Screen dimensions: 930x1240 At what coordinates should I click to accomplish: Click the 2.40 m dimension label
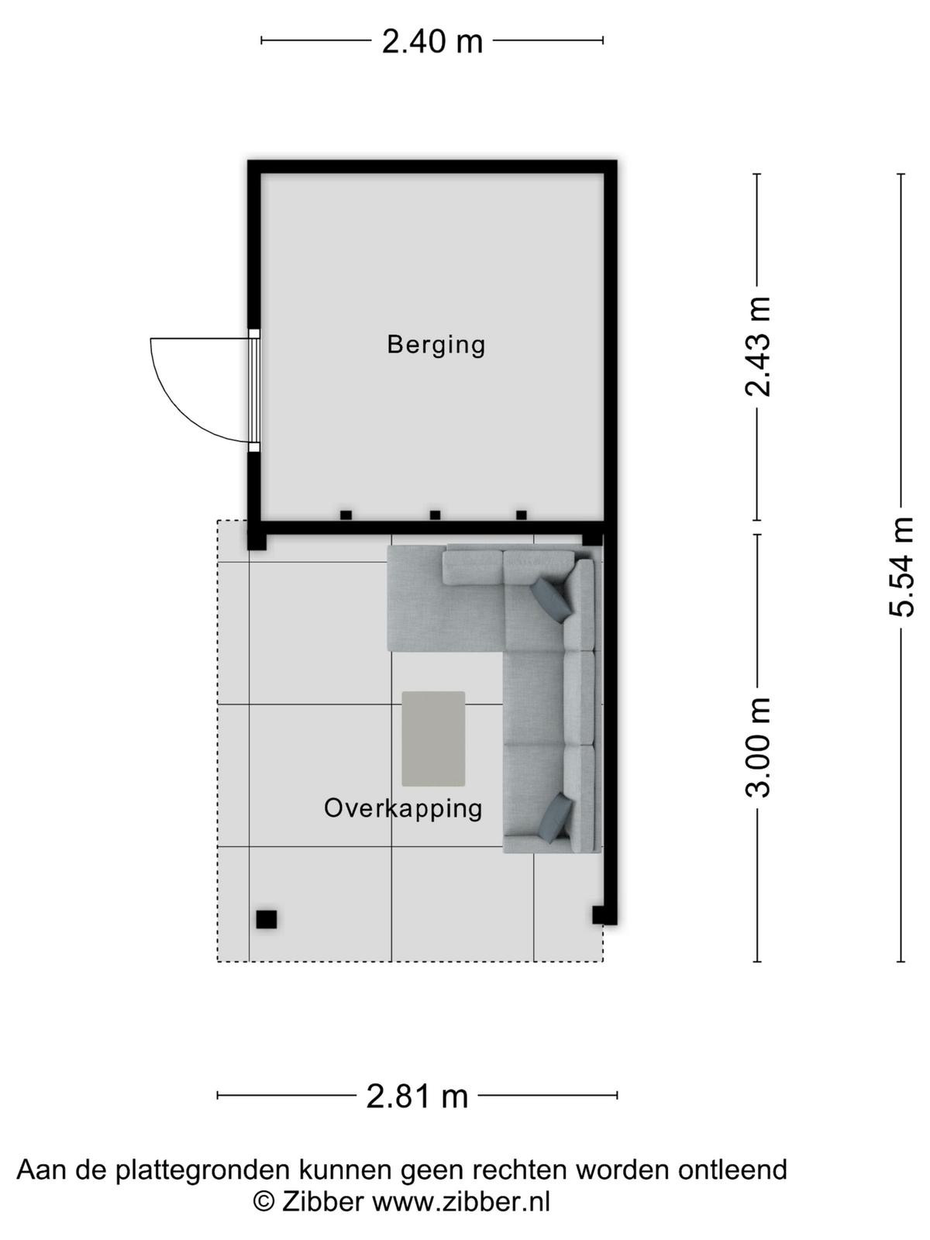[x=432, y=41]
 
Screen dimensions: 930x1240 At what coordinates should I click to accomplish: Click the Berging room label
[x=436, y=345]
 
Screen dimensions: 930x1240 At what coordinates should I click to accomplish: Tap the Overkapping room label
[x=402, y=810]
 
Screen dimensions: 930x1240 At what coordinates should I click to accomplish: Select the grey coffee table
[x=433, y=739]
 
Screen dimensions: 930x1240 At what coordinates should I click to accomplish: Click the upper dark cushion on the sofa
[x=551, y=599]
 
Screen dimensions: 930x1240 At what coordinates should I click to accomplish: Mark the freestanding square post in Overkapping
[x=266, y=919]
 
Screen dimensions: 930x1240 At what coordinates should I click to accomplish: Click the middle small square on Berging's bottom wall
[x=435, y=515]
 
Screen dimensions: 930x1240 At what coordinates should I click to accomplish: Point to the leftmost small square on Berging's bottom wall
[x=346, y=515]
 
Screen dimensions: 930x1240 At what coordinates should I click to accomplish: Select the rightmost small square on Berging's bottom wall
[x=522, y=515]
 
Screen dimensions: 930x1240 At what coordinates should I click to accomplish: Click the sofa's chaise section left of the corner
[x=445, y=599]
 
